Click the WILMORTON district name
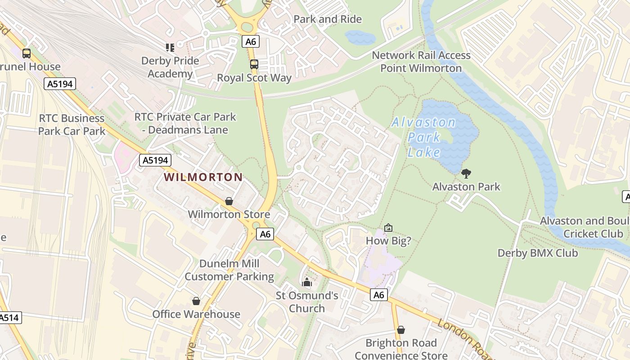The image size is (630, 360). click(x=203, y=177)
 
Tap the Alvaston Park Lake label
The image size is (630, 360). click(x=423, y=137)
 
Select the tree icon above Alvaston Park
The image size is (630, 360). click(x=466, y=173)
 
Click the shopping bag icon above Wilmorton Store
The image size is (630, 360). click(x=229, y=201)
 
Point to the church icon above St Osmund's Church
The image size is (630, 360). click(x=307, y=283)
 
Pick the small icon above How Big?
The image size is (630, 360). click(x=388, y=228)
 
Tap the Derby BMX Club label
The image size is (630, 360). click(x=537, y=253)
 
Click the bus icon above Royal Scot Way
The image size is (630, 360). click(x=254, y=64)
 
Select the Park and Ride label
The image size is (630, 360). click(x=328, y=19)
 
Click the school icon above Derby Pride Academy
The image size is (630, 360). click(x=170, y=47)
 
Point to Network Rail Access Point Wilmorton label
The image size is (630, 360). click(x=421, y=62)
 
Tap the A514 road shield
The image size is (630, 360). click(x=9, y=318)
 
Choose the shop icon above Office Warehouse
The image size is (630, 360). click(x=196, y=301)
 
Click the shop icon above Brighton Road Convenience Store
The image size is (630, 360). click(x=400, y=330)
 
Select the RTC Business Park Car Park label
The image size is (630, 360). click(x=72, y=125)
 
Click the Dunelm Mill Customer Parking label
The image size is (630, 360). click(x=229, y=270)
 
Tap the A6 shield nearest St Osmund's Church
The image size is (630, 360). click(x=379, y=295)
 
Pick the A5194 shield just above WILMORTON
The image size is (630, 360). click(x=155, y=160)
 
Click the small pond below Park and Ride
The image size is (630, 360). click(x=360, y=37)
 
